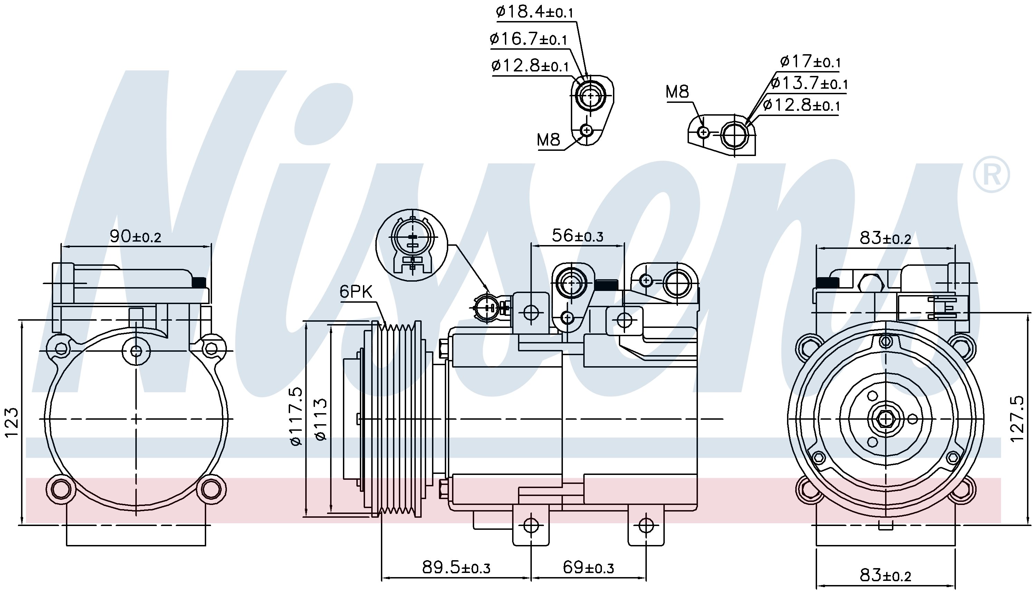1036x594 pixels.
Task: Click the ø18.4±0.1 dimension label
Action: pos(535,12)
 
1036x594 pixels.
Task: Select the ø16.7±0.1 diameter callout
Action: pos(529,39)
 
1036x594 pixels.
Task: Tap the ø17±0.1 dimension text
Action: pos(810,61)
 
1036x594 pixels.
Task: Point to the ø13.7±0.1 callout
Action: pos(809,83)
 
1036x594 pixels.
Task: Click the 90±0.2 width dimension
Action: pos(135,236)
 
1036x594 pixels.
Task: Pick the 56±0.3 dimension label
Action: pos(578,235)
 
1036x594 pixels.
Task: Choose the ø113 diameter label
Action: pos(321,419)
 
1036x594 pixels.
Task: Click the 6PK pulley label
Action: pos(356,292)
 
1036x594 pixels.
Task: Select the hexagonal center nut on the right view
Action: pos(885,419)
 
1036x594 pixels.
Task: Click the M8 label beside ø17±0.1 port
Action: pos(677,92)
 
